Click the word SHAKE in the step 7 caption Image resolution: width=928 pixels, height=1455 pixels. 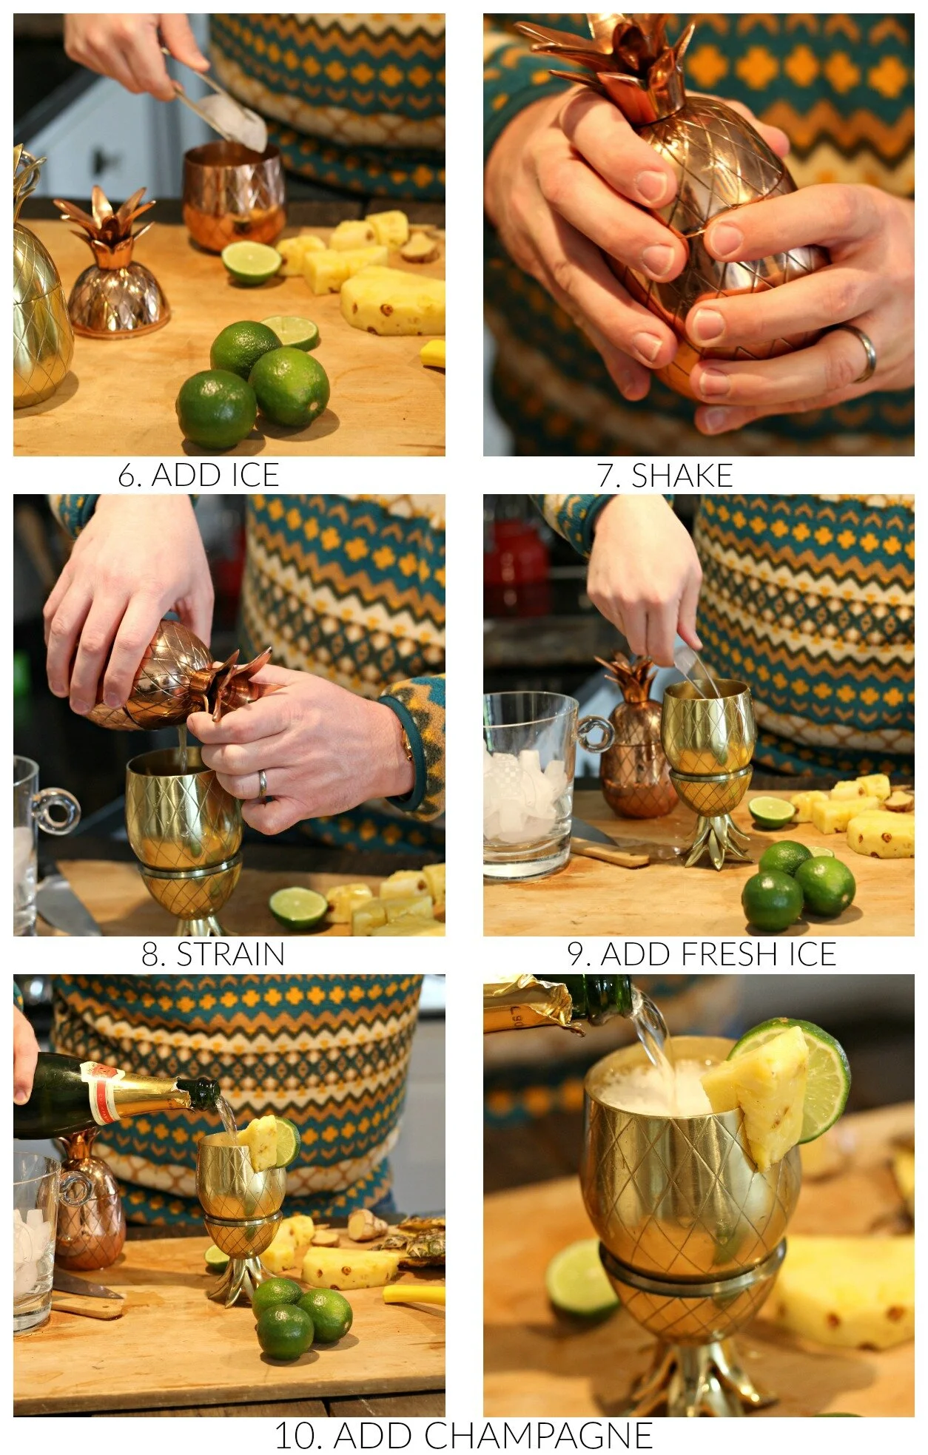(x=682, y=475)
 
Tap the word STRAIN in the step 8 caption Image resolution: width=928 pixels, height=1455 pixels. (x=230, y=954)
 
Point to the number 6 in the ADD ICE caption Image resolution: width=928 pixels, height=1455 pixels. (x=127, y=476)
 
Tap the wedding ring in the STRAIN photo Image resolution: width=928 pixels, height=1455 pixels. (x=261, y=786)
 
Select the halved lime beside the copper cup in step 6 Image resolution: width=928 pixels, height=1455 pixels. (x=251, y=262)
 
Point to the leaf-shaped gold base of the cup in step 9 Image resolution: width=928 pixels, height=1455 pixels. (x=716, y=840)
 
